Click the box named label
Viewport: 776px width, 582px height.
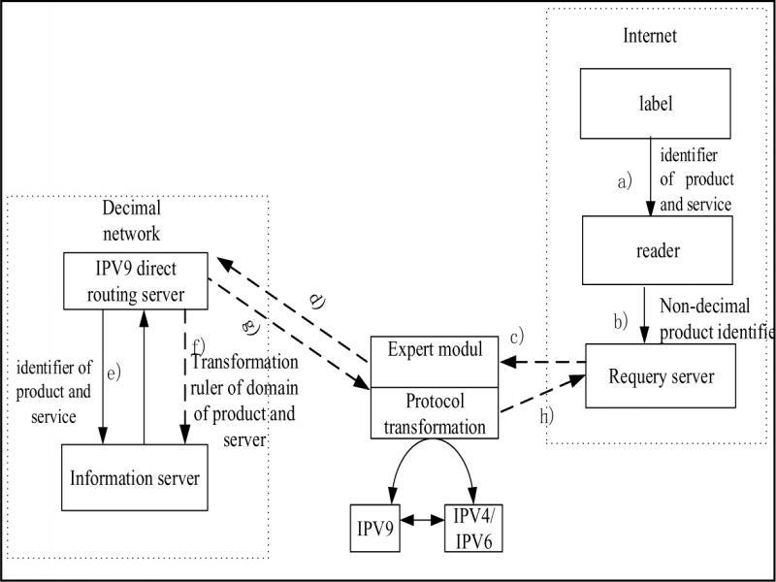coord(641,103)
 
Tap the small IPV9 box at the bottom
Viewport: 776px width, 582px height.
coord(375,527)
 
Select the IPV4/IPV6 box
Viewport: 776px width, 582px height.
coord(473,528)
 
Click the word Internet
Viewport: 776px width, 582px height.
coord(649,37)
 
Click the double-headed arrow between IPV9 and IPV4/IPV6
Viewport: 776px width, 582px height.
coord(421,521)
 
